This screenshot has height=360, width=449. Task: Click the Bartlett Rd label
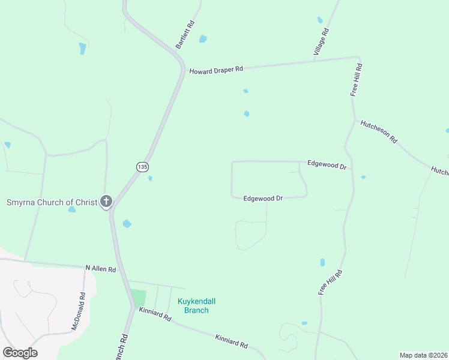tap(185, 34)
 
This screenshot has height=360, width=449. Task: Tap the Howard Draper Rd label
tap(216, 70)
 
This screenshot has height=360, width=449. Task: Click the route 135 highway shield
tap(142, 167)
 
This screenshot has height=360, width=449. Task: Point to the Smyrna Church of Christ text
tap(52, 202)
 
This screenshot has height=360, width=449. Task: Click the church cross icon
tap(106, 202)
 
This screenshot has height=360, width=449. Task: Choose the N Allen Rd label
tap(100, 269)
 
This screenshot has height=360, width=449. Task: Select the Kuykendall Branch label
tap(196, 305)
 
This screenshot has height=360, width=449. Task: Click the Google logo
tap(20, 352)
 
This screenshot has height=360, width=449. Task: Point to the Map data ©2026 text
tap(423, 355)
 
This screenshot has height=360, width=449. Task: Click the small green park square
tap(138, 298)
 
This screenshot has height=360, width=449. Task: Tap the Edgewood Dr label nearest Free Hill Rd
tap(327, 164)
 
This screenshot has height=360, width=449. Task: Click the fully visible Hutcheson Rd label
tap(378, 131)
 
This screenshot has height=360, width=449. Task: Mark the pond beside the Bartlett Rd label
tap(203, 39)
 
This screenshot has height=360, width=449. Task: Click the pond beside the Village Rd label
tap(320, 20)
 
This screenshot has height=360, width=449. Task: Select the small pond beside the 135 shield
tap(150, 178)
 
